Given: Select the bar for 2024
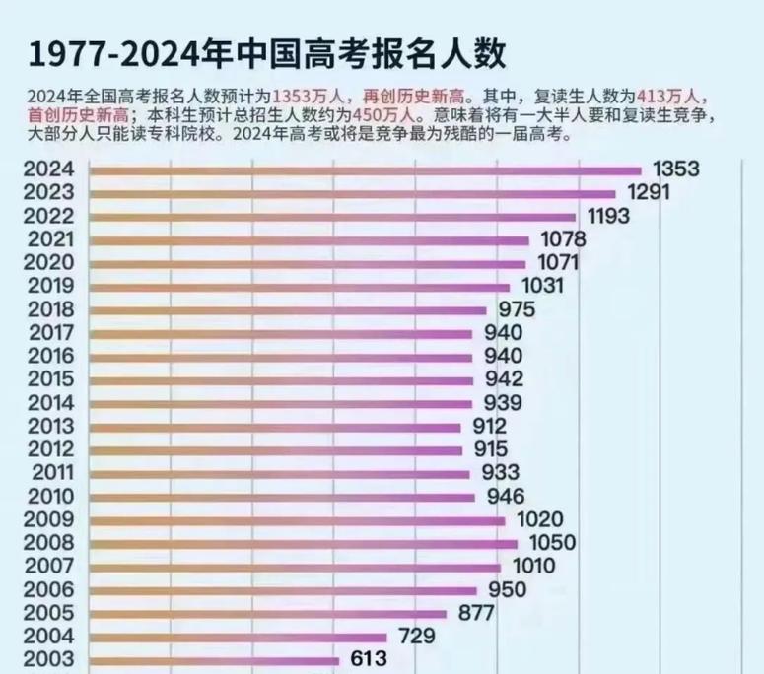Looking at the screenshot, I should point(365,169).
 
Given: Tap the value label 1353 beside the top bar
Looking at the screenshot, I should point(675,169).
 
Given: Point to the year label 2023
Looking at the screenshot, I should point(52,192).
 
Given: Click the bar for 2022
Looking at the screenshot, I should point(332,216).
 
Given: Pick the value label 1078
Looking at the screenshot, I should point(561,239).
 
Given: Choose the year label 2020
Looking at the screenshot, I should point(52,262).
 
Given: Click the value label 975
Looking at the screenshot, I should point(518,309).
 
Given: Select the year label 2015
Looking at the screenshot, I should point(52,378).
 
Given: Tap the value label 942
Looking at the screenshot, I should point(504,378).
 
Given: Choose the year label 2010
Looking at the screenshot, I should point(52,496).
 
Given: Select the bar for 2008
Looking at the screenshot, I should point(303,543).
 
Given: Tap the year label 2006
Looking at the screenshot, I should point(52,589).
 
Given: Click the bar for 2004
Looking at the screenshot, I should point(238,637).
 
